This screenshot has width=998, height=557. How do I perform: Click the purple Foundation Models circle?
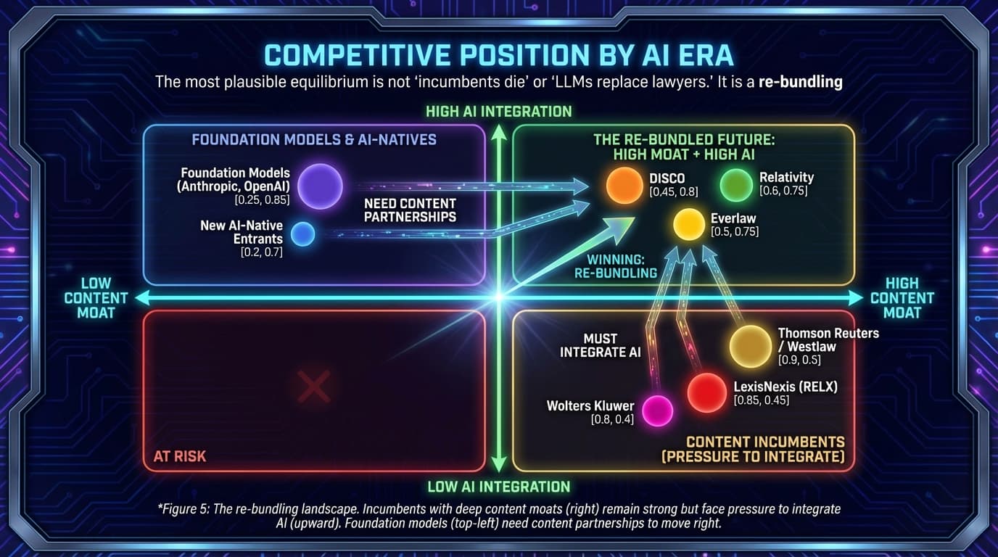pos(320,186)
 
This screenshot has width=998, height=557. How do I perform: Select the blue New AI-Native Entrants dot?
pos(302,234)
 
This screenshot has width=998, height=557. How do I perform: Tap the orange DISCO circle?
pos(624,185)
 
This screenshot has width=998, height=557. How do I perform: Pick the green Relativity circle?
pos(737,184)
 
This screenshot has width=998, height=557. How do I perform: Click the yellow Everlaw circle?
pos(689,224)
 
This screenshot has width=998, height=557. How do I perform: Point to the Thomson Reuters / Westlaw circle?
pos(750,346)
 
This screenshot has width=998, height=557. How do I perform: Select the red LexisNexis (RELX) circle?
pos(706,392)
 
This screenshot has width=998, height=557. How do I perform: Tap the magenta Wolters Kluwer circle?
pos(658,410)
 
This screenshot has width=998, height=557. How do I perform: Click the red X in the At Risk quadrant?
pos(314,386)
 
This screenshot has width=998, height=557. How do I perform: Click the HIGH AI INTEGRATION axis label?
pos(498,111)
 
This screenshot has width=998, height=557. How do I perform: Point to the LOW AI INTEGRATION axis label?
pos(498,486)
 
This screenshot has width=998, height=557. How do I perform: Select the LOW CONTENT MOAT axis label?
pos(96,297)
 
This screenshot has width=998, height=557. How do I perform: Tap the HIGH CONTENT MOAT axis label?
pos(902,297)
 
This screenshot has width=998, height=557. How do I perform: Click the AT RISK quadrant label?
pos(179,456)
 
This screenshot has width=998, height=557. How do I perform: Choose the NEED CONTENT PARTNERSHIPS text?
pos(410,210)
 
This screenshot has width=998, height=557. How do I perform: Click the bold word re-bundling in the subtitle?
pos(800,82)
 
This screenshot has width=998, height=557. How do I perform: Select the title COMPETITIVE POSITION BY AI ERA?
pos(498,55)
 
